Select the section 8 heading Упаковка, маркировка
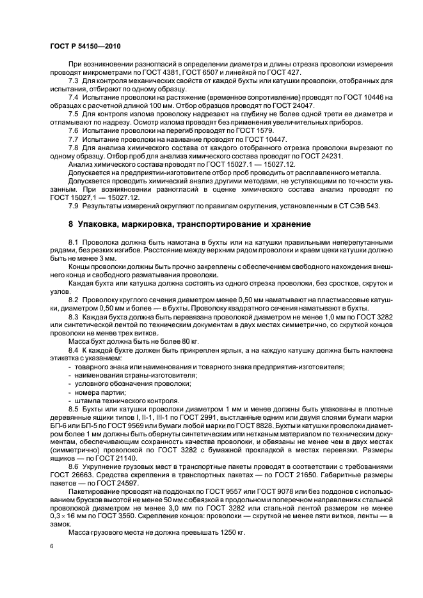tap(180, 224)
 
